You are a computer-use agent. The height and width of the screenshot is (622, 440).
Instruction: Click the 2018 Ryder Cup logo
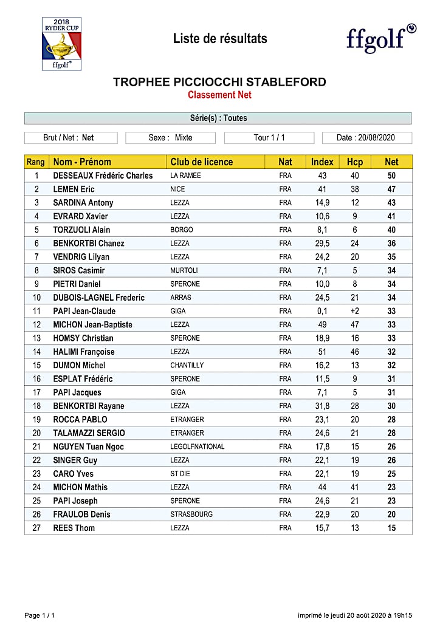tap(61, 44)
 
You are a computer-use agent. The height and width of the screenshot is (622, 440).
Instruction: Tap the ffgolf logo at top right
tap(380, 38)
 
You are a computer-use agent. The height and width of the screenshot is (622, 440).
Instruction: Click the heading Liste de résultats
tap(220, 39)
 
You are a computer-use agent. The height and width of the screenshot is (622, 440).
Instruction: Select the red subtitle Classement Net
tap(219, 95)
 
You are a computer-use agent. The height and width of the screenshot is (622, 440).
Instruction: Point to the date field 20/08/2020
tap(366, 138)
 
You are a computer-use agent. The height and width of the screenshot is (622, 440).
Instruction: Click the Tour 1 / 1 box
tap(269, 138)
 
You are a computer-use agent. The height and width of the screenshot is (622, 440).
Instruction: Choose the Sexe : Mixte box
tap(170, 138)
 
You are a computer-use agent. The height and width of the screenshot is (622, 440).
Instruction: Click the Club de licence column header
tap(201, 162)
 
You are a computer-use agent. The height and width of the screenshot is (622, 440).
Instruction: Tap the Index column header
tap(322, 162)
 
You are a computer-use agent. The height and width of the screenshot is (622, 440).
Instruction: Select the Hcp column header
tap(354, 162)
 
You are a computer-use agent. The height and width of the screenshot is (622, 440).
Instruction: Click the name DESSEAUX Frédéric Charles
tap(103, 176)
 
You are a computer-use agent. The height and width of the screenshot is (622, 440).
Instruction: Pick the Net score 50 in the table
tap(392, 176)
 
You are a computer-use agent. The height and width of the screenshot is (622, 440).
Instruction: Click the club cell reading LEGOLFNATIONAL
tap(198, 446)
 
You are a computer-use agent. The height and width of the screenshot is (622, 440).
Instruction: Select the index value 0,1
tap(322, 311)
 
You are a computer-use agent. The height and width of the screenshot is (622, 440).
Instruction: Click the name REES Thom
tap(74, 528)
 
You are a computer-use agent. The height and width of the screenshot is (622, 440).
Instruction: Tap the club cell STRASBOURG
tap(191, 514)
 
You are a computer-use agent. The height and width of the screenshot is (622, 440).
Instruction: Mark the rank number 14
tap(36, 352)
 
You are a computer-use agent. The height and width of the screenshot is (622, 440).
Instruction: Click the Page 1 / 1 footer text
tap(40, 615)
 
